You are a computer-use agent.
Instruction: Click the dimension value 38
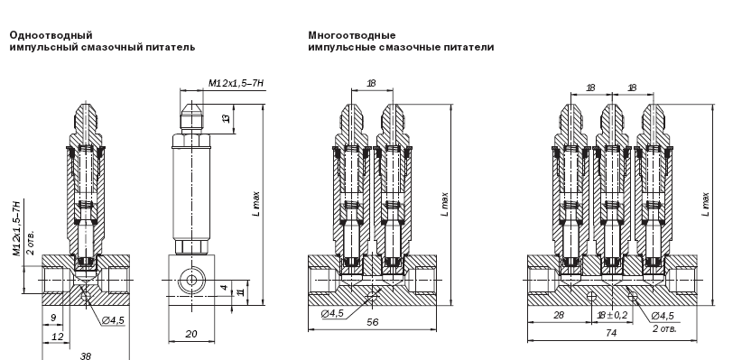click(x=86, y=355)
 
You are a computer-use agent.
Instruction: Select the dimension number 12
click(x=58, y=337)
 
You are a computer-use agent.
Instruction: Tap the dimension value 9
click(x=53, y=318)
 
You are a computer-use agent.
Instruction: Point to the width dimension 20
click(x=191, y=334)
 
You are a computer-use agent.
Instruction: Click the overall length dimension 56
click(x=373, y=322)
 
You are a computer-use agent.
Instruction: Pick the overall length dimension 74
click(x=611, y=333)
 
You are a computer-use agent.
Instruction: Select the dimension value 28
click(x=559, y=315)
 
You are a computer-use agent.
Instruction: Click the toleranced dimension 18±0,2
click(x=613, y=315)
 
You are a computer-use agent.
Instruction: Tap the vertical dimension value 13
click(x=227, y=118)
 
